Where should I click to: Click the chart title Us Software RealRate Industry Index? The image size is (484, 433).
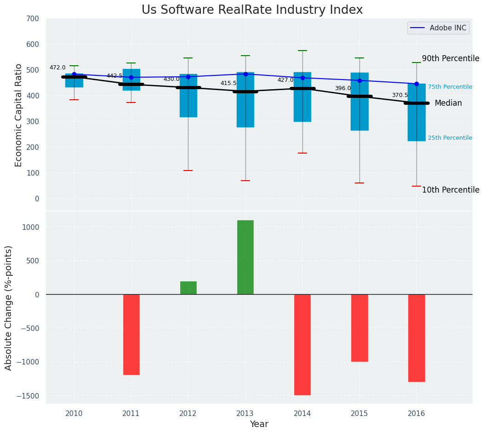click(x=252, y=10)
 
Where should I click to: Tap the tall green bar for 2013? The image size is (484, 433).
click(x=245, y=257)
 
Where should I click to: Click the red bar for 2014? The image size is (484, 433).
click(x=302, y=344)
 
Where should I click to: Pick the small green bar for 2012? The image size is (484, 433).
click(x=188, y=288)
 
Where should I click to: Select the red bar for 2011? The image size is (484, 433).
click(x=131, y=334)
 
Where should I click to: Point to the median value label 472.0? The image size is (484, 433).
click(x=57, y=68)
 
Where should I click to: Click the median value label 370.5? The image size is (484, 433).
click(x=400, y=95)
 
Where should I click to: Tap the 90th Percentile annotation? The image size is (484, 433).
click(x=450, y=59)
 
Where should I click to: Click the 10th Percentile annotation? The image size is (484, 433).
click(x=450, y=190)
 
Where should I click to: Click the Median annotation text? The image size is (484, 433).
click(x=448, y=103)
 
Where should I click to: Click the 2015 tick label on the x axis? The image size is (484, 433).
click(x=359, y=414)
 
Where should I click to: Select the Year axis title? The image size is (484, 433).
click(x=259, y=424)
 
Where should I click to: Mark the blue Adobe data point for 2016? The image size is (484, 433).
click(x=416, y=84)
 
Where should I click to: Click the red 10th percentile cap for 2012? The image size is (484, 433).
click(x=188, y=171)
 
